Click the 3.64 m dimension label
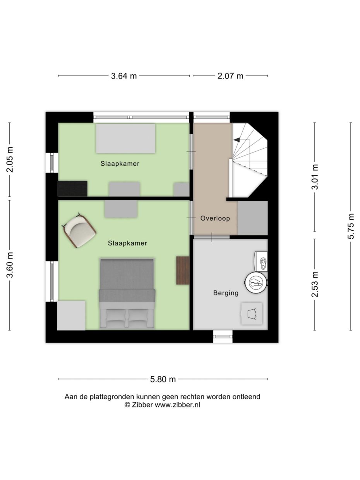point(124,76)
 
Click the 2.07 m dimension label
point(230,76)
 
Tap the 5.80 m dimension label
point(163,379)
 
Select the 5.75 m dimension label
point(351,226)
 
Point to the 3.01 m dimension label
point(315,177)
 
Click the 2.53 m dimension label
point(315,285)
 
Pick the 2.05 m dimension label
point(10,159)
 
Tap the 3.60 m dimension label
point(10,265)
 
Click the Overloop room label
point(215,218)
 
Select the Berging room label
point(226,293)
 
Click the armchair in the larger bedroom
point(80,231)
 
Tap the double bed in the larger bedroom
point(127,293)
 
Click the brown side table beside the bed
point(183,270)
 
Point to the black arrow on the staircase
point(237,140)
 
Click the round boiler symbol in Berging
point(255,283)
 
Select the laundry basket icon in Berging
point(252,314)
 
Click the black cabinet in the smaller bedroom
point(72,188)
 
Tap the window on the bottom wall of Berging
point(223,336)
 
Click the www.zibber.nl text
point(177,405)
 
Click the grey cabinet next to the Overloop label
point(252,218)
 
